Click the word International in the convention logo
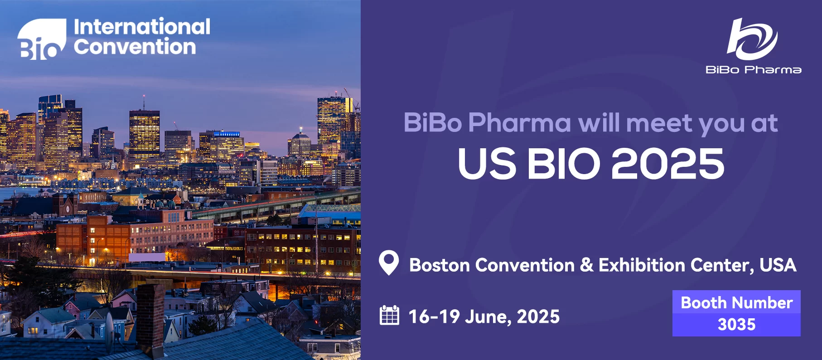(x=142, y=27)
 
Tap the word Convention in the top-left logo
(x=135, y=47)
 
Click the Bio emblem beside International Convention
(x=42, y=39)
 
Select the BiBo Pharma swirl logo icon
(x=752, y=39)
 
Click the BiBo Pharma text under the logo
(x=754, y=70)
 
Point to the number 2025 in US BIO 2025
(x=668, y=164)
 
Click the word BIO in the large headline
(x=564, y=164)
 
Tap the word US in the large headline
(x=487, y=164)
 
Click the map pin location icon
(x=389, y=263)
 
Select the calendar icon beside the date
(x=389, y=315)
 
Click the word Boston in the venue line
(x=440, y=265)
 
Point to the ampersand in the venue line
(x=586, y=265)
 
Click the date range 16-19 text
(x=434, y=316)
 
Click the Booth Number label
(x=737, y=302)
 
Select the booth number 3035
(x=737, y=325)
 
